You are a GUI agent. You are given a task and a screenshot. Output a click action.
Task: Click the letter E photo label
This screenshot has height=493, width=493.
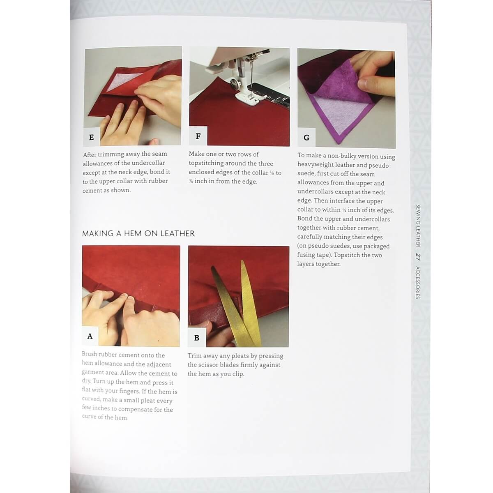(x=91, y=137)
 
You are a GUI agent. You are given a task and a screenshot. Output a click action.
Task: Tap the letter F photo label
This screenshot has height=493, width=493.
(x=198, y=136)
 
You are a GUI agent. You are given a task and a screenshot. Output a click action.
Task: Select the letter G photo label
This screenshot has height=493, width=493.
(x=306, y=138)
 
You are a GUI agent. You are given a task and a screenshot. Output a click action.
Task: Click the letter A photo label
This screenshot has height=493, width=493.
(x=90, y=336)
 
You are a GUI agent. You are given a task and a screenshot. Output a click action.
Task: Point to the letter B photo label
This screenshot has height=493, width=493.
(x=196, y=338)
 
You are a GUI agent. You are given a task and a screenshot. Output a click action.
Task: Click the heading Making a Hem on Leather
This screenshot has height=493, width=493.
(x=138, y=233)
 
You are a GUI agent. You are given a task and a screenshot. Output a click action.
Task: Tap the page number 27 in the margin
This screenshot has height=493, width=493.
(x=418, y=257)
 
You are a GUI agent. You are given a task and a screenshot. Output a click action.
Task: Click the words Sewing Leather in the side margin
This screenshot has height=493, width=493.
(x=418, y=226)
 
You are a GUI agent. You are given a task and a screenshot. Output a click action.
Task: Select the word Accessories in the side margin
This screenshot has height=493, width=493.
(x=418, y=283)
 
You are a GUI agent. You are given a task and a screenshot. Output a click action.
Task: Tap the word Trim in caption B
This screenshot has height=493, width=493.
(x=195, y=356)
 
